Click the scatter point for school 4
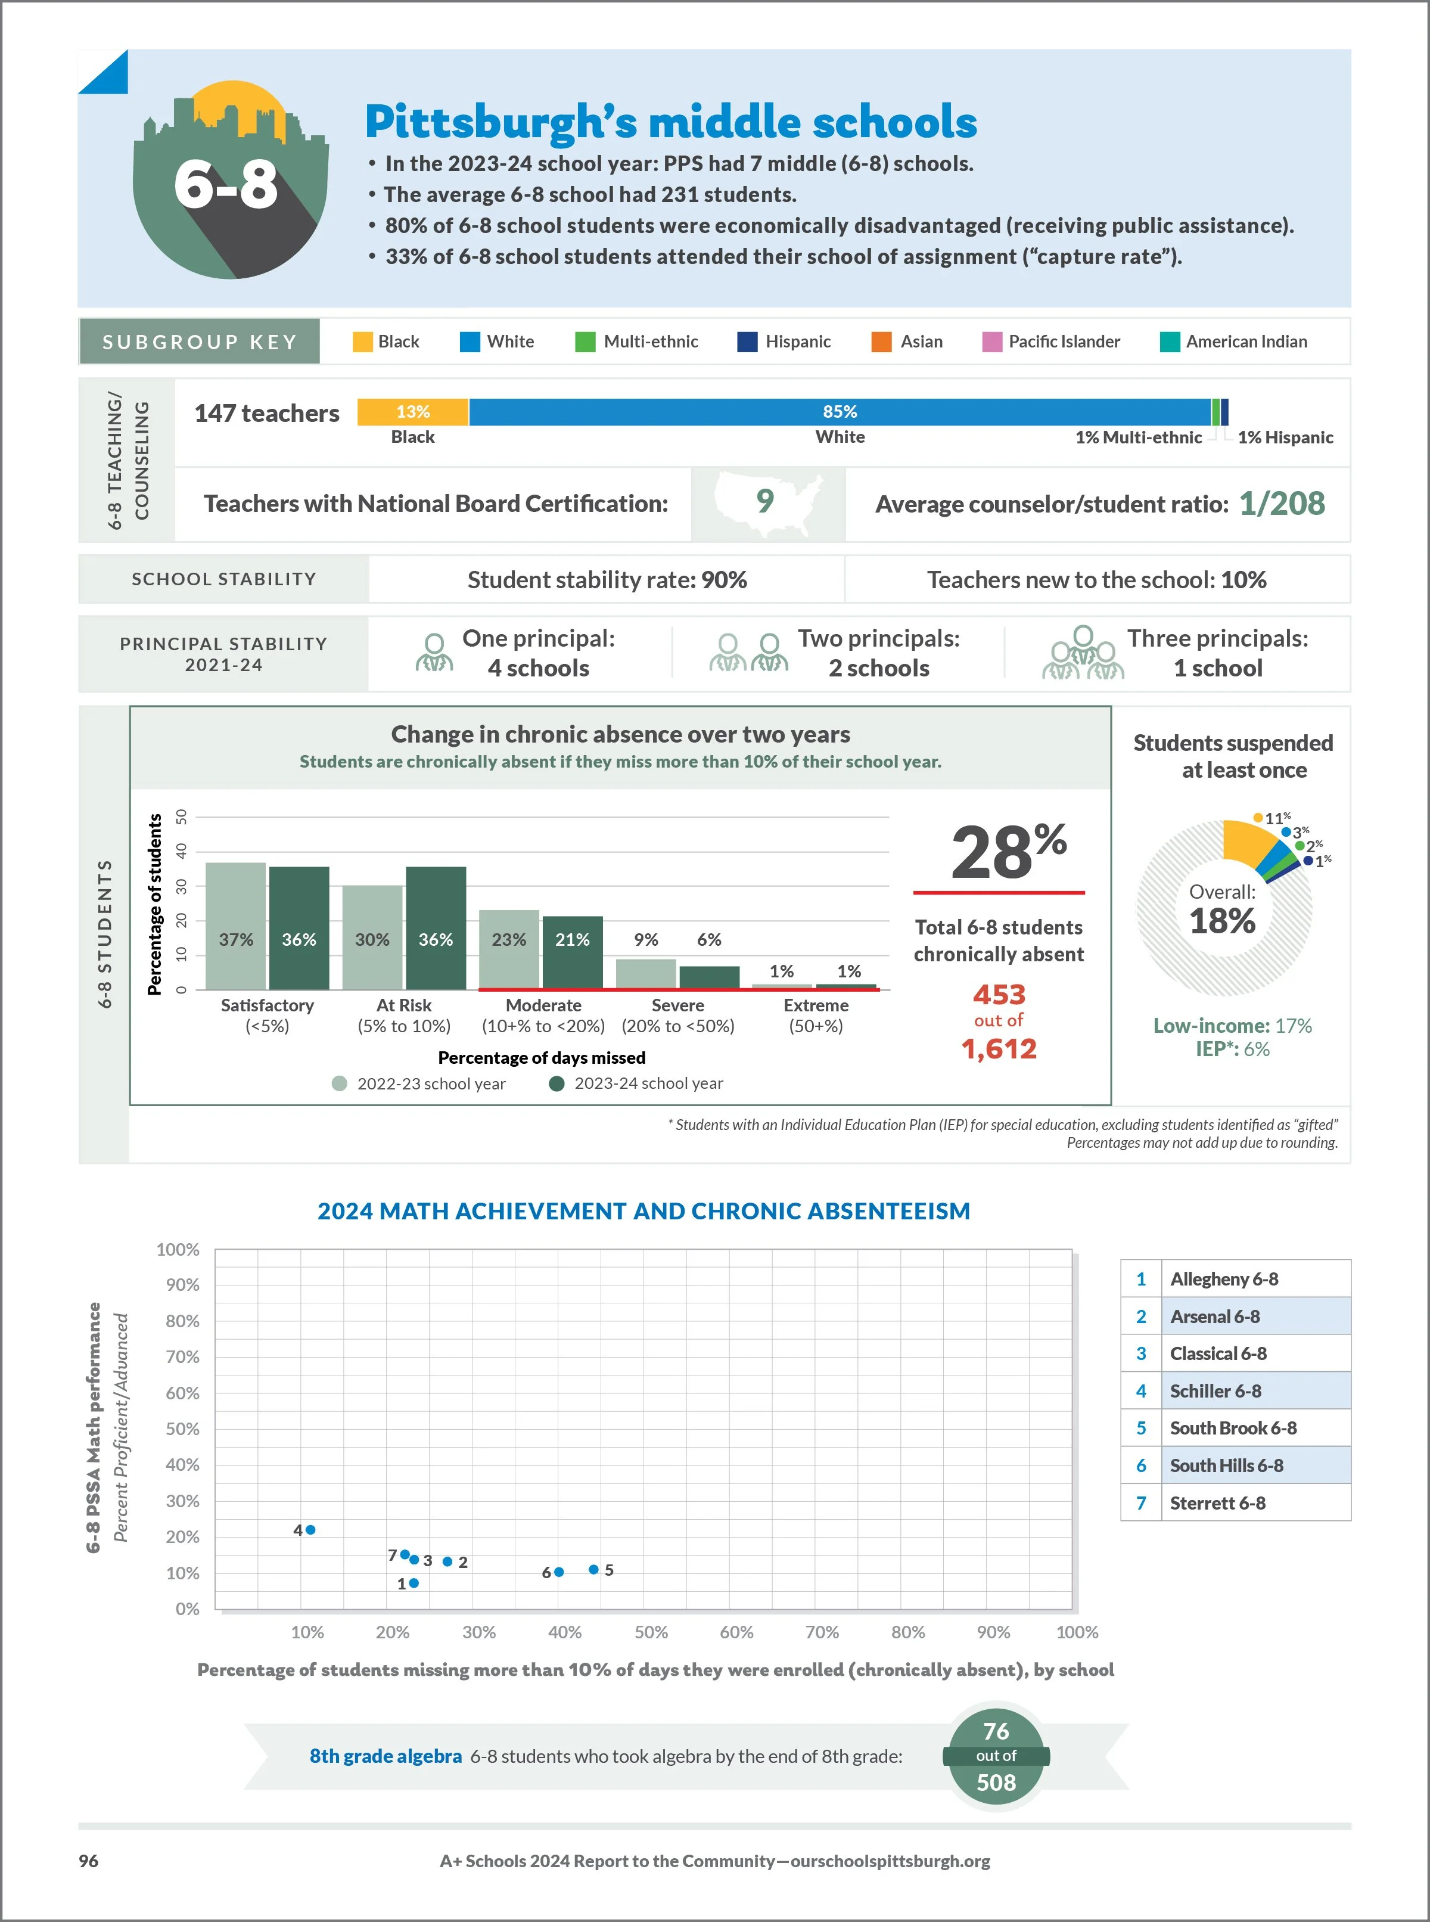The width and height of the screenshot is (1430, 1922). point(311,1530)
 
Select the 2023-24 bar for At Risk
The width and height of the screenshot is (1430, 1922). point(436,927)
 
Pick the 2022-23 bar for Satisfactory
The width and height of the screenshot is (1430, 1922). point(235,926)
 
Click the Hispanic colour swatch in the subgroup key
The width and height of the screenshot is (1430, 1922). point(747,342)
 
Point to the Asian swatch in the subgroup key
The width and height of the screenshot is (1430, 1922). point(881,342)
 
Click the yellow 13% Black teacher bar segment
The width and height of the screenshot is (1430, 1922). point(413,412)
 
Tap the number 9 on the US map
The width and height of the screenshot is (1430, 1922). point(765,501)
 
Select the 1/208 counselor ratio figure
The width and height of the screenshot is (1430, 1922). point(1281,504)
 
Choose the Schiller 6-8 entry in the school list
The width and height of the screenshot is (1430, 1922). point(1215,1391)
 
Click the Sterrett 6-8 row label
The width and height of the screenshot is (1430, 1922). point(1217,1504)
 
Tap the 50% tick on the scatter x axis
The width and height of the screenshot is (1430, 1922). point(651,1632)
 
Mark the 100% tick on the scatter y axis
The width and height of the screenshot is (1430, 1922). point(178,1249)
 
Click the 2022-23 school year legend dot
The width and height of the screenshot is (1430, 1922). point(339,1084)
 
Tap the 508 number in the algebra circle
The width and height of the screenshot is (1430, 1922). point(996,1783)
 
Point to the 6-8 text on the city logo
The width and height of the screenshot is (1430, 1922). point(226,184)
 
